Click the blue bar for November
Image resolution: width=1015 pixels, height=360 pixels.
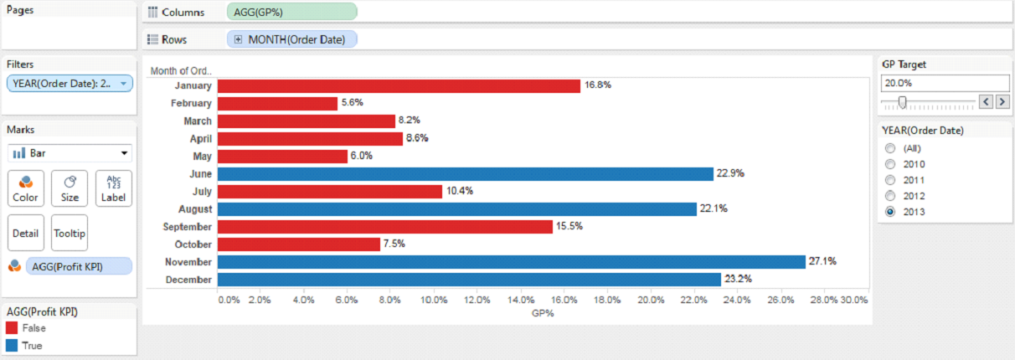coord(511,262)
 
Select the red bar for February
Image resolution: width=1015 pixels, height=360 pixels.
coord(277,104)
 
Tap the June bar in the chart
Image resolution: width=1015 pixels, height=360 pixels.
coord(465,173)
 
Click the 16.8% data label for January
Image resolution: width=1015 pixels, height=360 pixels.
coord(597,85)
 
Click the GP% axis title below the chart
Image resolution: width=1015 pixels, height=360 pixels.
coord(543,313)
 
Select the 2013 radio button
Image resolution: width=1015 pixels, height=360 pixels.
coord(890,212)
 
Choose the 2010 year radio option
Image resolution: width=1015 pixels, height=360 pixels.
coord(890,164)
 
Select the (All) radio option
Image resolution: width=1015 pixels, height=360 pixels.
coord(890,148)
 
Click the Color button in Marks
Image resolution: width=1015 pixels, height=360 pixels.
coord(25,187)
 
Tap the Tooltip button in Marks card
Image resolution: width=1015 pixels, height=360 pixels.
coord(70,233)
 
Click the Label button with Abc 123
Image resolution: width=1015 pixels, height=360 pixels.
coord(114,187)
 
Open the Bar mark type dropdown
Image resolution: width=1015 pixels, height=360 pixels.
coord(70,153)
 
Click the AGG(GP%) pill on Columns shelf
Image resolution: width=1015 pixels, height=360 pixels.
coord(291,12)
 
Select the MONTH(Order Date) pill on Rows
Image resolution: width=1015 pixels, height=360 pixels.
coord(291,39)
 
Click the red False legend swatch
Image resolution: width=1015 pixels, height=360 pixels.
coord(12,328)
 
